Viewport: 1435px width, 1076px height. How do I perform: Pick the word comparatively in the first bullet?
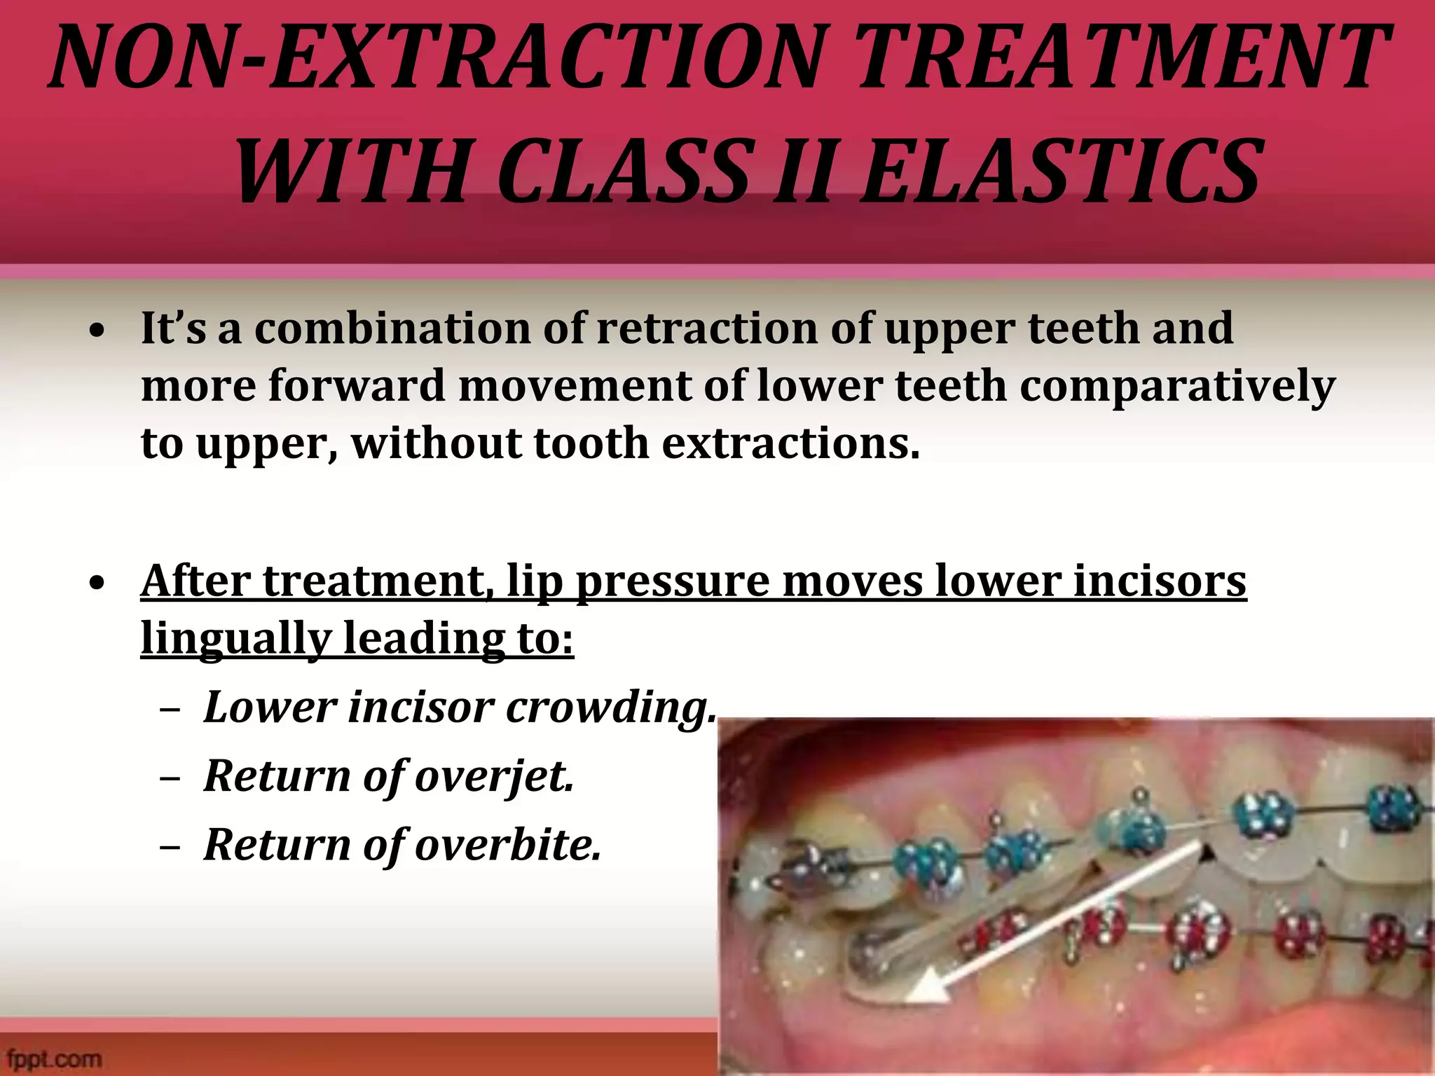(x=1177, y=387)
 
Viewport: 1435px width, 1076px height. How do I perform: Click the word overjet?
(x=494, y=776)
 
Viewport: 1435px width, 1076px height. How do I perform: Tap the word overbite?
(x=508, y=845)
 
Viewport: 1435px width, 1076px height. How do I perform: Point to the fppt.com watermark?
(x=55, y=1058)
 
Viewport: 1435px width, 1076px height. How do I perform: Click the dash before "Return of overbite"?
(x=170, y=846)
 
